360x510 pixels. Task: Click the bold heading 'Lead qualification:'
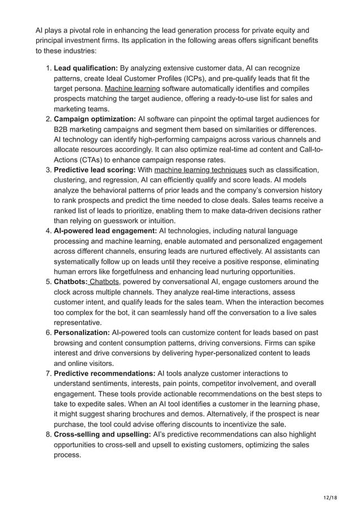(85, 68)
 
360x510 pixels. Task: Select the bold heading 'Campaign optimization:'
(94, 119)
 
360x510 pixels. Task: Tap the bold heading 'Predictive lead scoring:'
(94, 170)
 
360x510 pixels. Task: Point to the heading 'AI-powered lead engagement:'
(105, 231)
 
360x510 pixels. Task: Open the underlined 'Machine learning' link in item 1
(132, 89)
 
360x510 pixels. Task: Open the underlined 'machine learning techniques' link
(200, 170)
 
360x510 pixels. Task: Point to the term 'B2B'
(62, 129)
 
